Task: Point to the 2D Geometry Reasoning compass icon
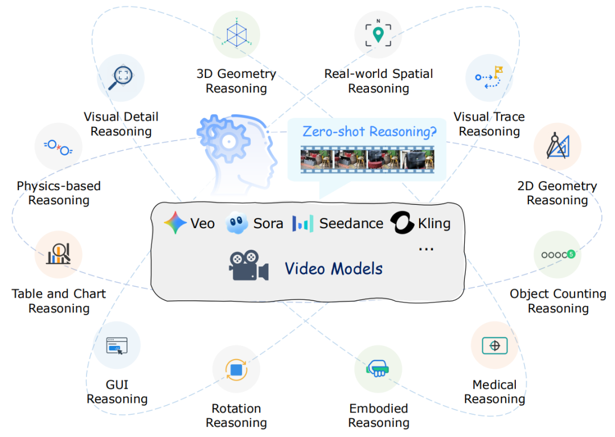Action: coord(557,146)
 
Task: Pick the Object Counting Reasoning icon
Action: coord(557,254)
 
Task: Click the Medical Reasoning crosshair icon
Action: coord(494,345)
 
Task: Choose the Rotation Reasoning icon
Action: coord(236,369)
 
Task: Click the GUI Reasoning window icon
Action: coord(117,345)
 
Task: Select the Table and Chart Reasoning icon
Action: coord(59,254)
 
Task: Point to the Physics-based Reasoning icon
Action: coord(58,146)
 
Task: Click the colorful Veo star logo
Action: coord(175,224)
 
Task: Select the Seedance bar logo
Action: coord(302,224)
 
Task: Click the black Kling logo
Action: coord(401,224)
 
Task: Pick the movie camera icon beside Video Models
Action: coord(248,266)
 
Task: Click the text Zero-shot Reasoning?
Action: coord(370,131)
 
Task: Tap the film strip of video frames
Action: coord(367,159)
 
